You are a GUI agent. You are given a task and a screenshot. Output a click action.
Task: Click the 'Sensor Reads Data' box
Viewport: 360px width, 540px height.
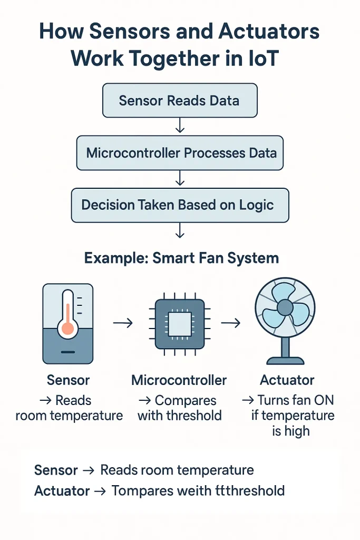[179, 100]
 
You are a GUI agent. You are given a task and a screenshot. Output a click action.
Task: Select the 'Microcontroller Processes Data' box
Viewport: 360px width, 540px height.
[180, 153]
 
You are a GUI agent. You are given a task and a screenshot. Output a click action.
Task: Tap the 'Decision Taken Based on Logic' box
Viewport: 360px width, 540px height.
[180, 205]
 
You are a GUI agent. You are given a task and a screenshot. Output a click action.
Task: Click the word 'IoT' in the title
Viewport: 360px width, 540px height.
[259, 58]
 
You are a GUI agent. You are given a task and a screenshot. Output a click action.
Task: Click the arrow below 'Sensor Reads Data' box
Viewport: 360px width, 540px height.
[180, 126]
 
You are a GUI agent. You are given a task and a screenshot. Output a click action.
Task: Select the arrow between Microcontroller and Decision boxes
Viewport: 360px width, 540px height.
[180, 179]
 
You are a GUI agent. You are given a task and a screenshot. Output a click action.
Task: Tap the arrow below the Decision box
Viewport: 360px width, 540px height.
[180, 230]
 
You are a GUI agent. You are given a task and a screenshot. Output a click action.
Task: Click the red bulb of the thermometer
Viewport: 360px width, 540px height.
[67, 329]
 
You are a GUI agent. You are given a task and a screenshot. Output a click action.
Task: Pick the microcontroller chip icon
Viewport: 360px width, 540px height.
[179, 323]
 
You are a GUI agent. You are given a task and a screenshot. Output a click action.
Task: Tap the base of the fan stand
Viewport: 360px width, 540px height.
[285, 361]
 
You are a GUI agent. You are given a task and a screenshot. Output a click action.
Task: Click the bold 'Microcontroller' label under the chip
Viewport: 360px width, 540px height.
[179, 380]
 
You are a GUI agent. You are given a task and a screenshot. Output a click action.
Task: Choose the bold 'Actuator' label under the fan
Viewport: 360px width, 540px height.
[287, 380]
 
